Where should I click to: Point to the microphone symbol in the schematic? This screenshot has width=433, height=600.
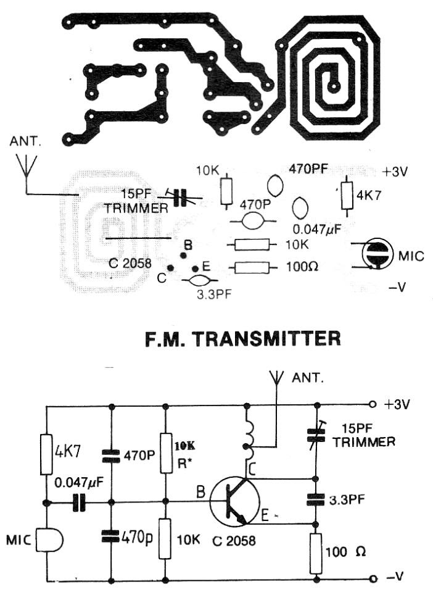[50, 541]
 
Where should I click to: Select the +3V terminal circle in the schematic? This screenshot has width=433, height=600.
[372, 405]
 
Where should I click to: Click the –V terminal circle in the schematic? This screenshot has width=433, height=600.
[372, 579]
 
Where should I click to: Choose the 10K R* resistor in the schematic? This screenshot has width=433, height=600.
[165, 452]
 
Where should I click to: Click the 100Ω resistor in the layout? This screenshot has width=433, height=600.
[252, 267]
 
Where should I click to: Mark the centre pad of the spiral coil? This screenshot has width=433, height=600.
[334, 86]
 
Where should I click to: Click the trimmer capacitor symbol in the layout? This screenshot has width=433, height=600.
[179, 198]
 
